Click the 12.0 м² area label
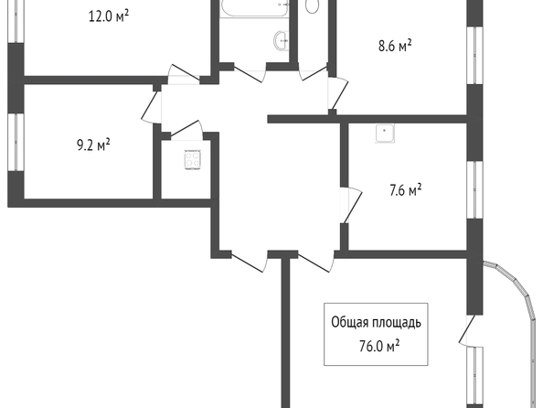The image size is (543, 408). click(x=109, y=16)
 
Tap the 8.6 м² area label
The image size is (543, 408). click(x=395, y=46)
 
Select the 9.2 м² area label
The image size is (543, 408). click(x=93, y=145)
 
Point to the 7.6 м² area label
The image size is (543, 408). click(x=406, y=190)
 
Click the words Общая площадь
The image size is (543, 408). click(x=376, y=322)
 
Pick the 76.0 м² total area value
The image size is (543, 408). click(x=379, y=346)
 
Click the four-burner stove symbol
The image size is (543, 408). click(x=193, y=159)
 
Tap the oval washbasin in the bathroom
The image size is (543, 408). click(x=282, y=40)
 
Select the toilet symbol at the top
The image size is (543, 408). click(x=313, y=5)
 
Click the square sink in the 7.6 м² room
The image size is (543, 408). click(x=385, y=134)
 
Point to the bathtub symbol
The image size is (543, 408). click(x=254, y=8)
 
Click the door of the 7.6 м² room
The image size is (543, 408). click(x=351, y=205)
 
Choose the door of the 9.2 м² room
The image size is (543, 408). click(x=152, y=107)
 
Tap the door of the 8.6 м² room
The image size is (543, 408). click(x=338, y=93)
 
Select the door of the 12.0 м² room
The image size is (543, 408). click(x=184, y=74)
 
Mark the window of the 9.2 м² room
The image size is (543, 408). click(x=16, y=142)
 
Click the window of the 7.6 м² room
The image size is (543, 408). click(x=474, y=189)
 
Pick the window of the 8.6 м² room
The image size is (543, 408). click(x=474, y=56)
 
